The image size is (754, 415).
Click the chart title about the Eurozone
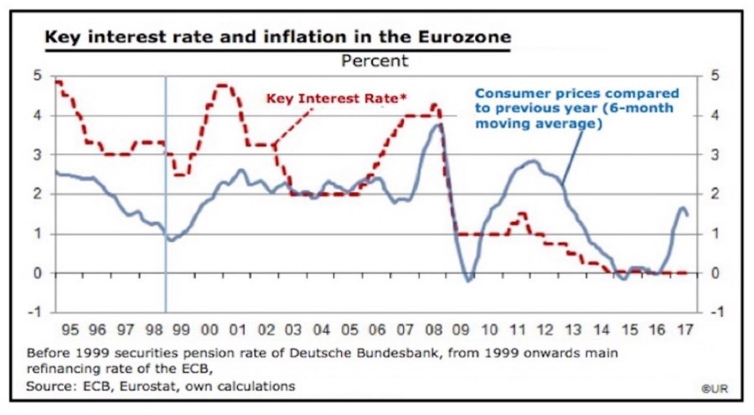point(276,38)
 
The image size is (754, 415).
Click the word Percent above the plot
point(374,60)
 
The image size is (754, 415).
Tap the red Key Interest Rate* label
point(336,99)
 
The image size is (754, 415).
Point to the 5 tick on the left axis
point(37,75)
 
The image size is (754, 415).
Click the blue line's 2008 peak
point(439,125)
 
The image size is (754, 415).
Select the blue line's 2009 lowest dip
point(468,280)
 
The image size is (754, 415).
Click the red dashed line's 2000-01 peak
point(223,85)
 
